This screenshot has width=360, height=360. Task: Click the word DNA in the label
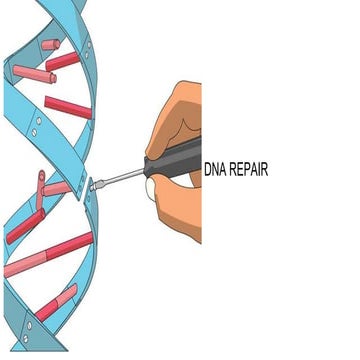tap(215, 170)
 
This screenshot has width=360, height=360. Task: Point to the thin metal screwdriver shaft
tap(123, 178)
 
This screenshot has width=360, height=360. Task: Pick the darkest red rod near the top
tap(62, 61)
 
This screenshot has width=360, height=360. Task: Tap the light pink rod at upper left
tap(33, 73)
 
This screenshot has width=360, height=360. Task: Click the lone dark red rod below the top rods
tap(67, 107)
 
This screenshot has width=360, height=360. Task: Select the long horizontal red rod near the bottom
tap(50, 256)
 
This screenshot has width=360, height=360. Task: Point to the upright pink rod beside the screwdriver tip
tap(41, 189)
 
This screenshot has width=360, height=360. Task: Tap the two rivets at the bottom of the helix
tap(26, 330)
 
